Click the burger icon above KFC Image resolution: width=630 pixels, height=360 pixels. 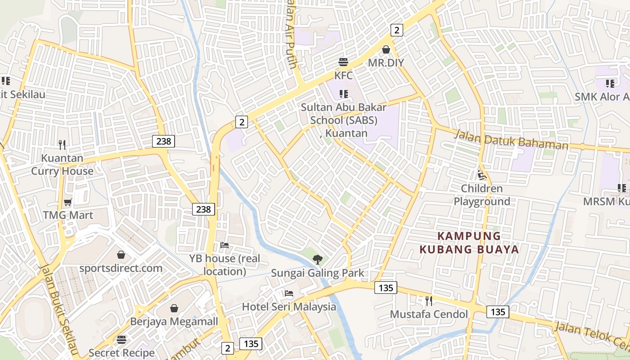pos(343,62)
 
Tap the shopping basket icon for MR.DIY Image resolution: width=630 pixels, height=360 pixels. pos(386,49)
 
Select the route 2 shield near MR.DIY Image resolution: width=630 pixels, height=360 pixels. pos(396,30)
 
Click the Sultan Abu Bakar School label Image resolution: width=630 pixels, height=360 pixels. pos(344,120)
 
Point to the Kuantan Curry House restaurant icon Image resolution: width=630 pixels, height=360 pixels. pos(62,145)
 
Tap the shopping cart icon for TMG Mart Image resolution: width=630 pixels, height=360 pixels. pos(68,202)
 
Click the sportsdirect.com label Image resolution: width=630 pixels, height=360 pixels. pos(121,268)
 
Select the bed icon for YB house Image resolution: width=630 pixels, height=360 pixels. pos(225,245)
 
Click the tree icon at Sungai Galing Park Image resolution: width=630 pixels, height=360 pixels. pos(318,259)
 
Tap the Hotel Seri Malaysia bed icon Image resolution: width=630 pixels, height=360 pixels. pos(289,293)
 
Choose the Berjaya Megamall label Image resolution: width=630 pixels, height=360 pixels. pos(174,321)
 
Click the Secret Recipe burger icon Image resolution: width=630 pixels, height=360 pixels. pos(121,339)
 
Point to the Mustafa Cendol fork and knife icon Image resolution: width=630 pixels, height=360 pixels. pos(429,301)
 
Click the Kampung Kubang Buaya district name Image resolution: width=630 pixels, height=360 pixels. pos(469,243)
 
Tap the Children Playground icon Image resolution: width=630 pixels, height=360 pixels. pos(481,175)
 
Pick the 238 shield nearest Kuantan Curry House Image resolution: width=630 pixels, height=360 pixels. pos(163,141)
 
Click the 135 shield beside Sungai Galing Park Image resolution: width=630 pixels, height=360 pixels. pos(386,288)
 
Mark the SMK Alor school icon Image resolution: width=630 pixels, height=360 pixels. pos(610,83)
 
